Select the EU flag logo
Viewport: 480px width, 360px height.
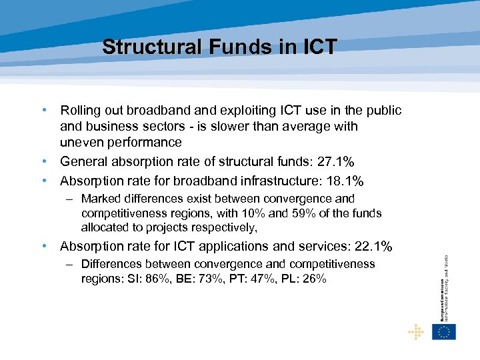pyautogui.click(x=444, y=331)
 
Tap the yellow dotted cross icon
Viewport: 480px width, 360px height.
pyautogui.click(x=416, y=331)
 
